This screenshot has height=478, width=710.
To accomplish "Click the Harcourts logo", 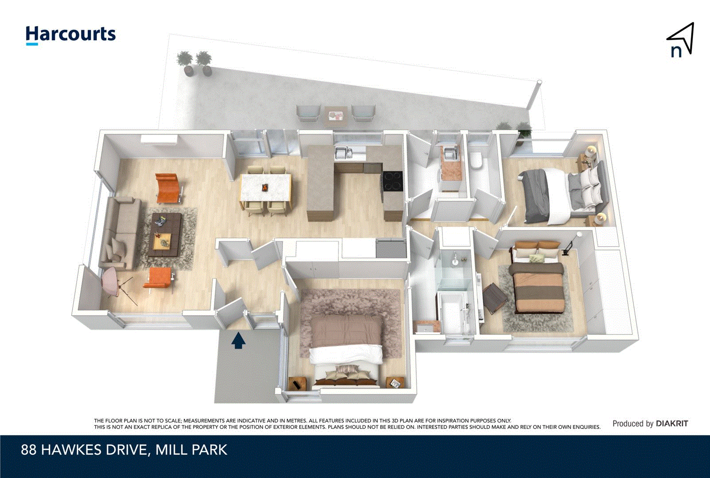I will pyautogui.click(x=70, y=35).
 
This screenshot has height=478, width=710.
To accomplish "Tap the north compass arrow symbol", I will pyautogui.click(x=681, y=40).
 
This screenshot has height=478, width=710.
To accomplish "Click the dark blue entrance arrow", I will pyautogui.click(x=238, y=341).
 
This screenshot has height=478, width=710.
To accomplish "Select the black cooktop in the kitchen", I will pyautogui.click(x=392, y=181).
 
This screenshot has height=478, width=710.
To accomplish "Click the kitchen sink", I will pyautogui.click(x=343, y=153).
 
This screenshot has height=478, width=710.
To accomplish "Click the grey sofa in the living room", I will pyautogui.click(x=120, y=232).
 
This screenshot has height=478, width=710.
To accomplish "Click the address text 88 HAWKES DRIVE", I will pyautogui.click(x=84, y=450).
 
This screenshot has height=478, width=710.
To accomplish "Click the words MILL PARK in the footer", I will pyautogui.click(x=191, y=450).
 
